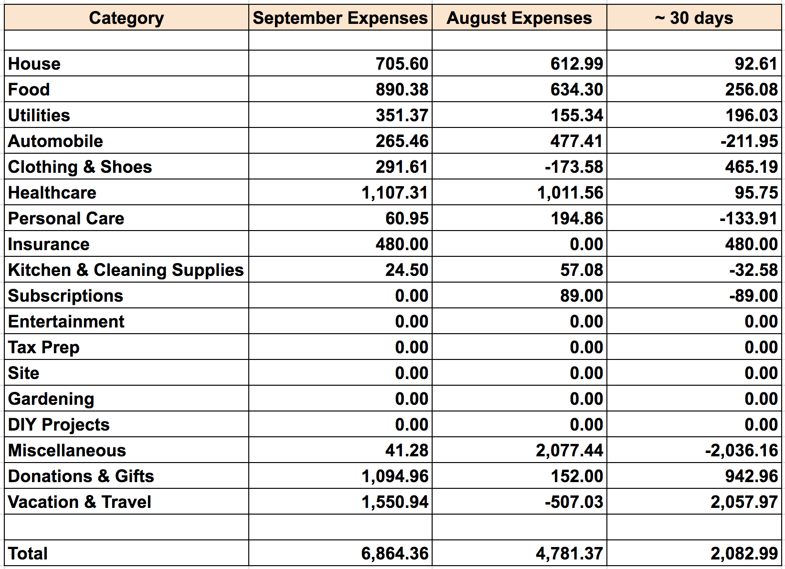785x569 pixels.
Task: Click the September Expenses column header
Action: click(x=340, y=18)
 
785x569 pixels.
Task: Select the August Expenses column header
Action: click(x=519, y=18)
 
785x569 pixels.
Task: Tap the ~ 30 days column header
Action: click(x=694, y=18)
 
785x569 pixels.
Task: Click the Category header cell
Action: click(x=126, y=18)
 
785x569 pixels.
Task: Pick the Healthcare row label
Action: click(x=52, y=193)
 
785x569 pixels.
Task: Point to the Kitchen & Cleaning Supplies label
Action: click(x=126, y=270)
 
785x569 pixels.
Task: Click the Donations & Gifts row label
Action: click(x=81, y=476)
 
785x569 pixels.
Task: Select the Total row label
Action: click(x=28, y=554)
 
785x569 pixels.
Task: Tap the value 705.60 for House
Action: click(x=402, y=64)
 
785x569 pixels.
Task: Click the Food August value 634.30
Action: click(x=576, y=90)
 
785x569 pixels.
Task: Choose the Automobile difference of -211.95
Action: click(x=749, y=141)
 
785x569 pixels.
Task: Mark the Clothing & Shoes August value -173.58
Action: click(x=573, y=167)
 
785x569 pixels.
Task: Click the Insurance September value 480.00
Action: click(x=402, y=244)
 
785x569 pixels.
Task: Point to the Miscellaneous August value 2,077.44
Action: click(x=569, y=451)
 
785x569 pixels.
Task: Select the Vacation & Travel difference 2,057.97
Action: click(x=744, y=502)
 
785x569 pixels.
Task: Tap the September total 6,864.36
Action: click(x=394, y=554)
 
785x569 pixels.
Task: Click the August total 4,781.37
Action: click(x=569, y=554)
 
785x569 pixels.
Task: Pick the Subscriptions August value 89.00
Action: click(x=581, y=296)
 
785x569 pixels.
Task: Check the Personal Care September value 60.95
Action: click(x=407, y=219)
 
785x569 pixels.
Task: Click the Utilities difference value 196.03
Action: click(x=752, y=116)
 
